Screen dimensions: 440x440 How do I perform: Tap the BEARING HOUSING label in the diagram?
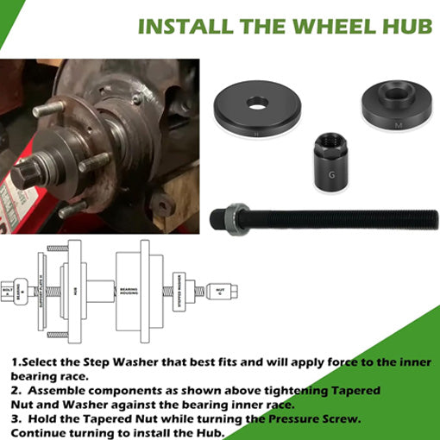[x=129, y=292]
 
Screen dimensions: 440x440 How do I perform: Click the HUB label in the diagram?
[x=75, y=292]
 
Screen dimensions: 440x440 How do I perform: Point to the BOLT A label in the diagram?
[x=8, y=292]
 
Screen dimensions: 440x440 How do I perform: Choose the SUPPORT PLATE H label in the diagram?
[x=41, y=292]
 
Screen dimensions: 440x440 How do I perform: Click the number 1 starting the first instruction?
[x=15, y=364]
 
